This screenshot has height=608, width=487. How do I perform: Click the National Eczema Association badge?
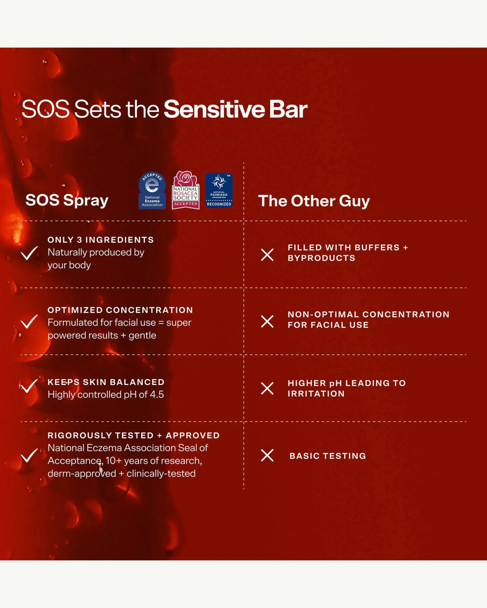coord(152,190)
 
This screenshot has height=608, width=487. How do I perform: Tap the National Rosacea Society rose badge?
coord(185,190)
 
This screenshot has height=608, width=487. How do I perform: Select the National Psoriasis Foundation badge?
coord(219,190)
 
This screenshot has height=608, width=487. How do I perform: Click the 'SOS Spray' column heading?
coord(67,200)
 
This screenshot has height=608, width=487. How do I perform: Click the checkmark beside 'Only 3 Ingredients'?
coord(29,253)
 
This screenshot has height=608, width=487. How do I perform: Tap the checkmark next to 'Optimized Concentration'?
coord(29,322)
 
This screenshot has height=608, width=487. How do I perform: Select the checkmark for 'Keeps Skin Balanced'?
coord(29,386)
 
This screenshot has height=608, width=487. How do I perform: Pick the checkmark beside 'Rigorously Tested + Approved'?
coord(29,456)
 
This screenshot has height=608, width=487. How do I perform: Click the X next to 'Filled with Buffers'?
coord(267,255)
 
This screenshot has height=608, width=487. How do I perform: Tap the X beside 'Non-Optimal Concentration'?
coord(267,322)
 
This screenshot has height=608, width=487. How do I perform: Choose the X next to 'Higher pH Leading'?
coord(267,388)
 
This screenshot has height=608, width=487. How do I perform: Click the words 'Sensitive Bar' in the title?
coord(236,109)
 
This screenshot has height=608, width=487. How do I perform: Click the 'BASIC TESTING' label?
coord(328,456)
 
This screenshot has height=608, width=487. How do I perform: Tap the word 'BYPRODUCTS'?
coord(321,258)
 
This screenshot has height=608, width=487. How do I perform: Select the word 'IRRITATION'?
coord(316,394)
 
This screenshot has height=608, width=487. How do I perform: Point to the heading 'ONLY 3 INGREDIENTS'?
coord(101,240)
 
